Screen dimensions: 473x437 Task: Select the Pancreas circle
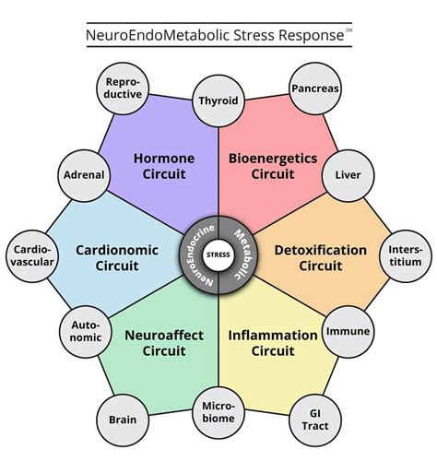point(315,89)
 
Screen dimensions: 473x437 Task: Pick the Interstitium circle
point(404,254)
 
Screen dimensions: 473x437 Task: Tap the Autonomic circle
point(86,330)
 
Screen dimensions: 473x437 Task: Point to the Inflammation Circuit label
point(273,343)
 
